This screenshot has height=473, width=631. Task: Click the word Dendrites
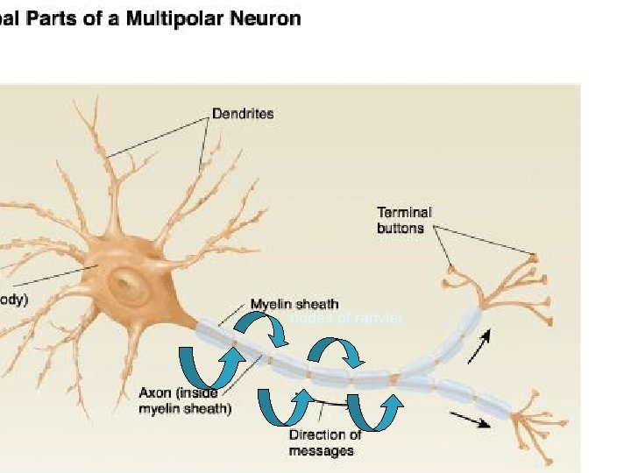coord(243,113)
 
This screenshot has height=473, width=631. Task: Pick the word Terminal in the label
coord(404,212)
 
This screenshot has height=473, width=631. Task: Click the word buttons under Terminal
coord(401,228)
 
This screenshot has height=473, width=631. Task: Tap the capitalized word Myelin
coord(271,304)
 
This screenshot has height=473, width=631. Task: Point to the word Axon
coord(155,393)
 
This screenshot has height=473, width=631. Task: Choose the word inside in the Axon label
coord(197,393)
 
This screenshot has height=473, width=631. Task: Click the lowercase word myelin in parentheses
coord(163,409)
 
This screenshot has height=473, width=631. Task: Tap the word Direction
coord(318,435)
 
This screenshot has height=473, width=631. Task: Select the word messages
coord(322,451)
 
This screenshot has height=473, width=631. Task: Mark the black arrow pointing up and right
coord(479,348)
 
